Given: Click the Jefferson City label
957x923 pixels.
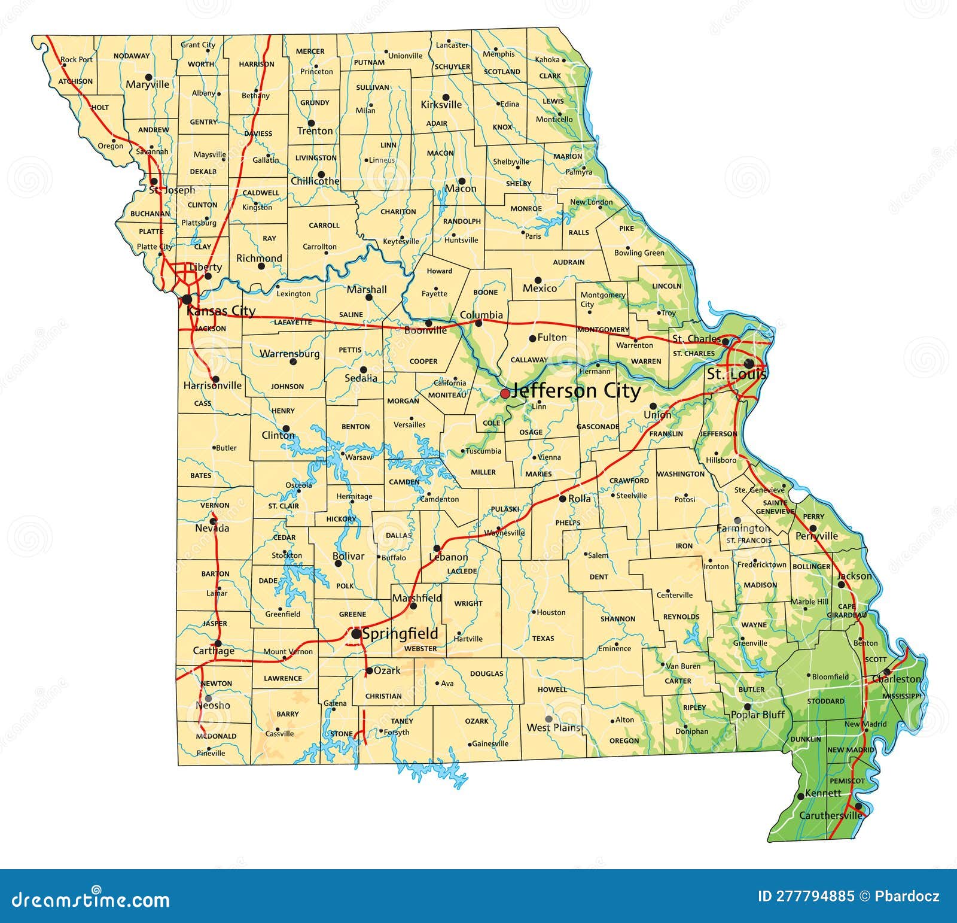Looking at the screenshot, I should pos(575,391).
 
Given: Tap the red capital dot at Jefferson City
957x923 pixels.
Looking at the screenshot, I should pos(505,393).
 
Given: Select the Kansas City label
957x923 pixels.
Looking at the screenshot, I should pos(221,311).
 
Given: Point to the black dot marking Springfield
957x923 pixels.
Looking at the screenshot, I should pos(356,633).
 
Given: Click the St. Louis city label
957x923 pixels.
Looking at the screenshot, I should pos(737,375).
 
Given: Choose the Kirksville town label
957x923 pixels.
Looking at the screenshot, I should pos(441,105).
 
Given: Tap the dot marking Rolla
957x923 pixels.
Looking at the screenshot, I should pos(562,498).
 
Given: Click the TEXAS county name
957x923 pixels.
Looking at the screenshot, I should pos(543,639).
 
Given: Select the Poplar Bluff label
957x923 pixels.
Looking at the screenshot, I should pos(758,715).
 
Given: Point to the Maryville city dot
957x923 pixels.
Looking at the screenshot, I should pos(148,77).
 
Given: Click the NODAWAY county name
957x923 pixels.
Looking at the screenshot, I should pos(132,56).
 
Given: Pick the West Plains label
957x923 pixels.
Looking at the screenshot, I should pos(553,728).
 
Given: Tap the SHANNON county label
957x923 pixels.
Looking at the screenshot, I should pos(618,619).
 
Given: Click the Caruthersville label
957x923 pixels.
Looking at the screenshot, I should pos(831,816).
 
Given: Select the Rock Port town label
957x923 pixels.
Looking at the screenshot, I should pos(77,60).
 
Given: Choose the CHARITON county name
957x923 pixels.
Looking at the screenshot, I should pos(398,212).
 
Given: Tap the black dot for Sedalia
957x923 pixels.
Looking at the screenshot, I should pos(363,370).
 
